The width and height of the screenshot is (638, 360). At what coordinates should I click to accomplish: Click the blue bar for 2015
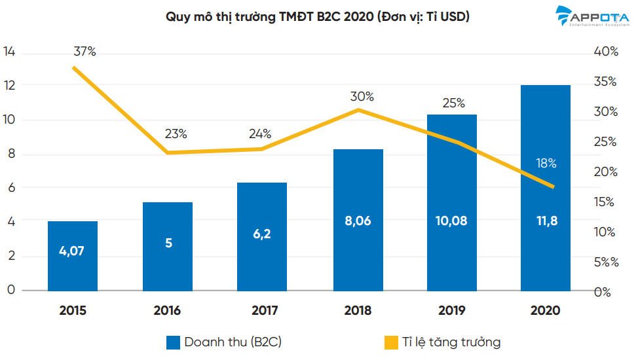click(72, 256)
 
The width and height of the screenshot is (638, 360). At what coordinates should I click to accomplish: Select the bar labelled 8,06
click(358, 220)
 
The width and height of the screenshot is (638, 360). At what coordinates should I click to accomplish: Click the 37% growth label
click(84, 52)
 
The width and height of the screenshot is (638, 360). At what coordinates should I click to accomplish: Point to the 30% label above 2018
click(362, 96)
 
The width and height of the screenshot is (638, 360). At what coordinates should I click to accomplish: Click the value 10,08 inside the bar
click(452, 221)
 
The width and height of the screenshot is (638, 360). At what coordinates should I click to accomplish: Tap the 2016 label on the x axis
click(167, 310)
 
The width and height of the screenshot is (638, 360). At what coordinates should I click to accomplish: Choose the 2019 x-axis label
click(452, 310)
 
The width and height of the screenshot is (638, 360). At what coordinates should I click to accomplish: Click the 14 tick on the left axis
click(9, 52)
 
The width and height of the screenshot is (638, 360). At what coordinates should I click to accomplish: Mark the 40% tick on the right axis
click(605, 52)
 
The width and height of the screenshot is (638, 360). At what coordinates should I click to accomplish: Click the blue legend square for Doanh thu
click(173, 342)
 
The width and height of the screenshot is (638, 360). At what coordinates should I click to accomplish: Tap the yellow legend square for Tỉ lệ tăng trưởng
click(391, 342)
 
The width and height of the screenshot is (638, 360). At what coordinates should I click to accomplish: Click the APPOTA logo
click(595, 16)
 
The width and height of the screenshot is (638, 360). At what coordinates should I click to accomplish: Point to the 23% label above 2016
click(176, 134)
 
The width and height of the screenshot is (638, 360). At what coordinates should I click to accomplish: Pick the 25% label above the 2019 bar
click(453, 103)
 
